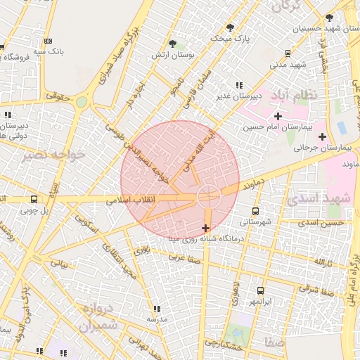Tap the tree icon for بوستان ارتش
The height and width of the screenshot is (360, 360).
pos(173,44)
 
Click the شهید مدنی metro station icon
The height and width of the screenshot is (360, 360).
pos(288,53)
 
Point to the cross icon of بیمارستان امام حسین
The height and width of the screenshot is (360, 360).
pos(278,116)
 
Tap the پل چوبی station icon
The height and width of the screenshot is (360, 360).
pos(34,199)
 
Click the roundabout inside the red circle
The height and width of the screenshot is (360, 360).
pos(209,197)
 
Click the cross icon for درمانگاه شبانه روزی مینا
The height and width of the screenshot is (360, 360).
pos(205,228)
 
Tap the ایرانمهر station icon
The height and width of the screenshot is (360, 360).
pos(260,290)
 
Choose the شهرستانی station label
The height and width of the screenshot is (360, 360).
pos(255,221)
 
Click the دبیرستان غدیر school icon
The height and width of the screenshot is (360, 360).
pos(239,85)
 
